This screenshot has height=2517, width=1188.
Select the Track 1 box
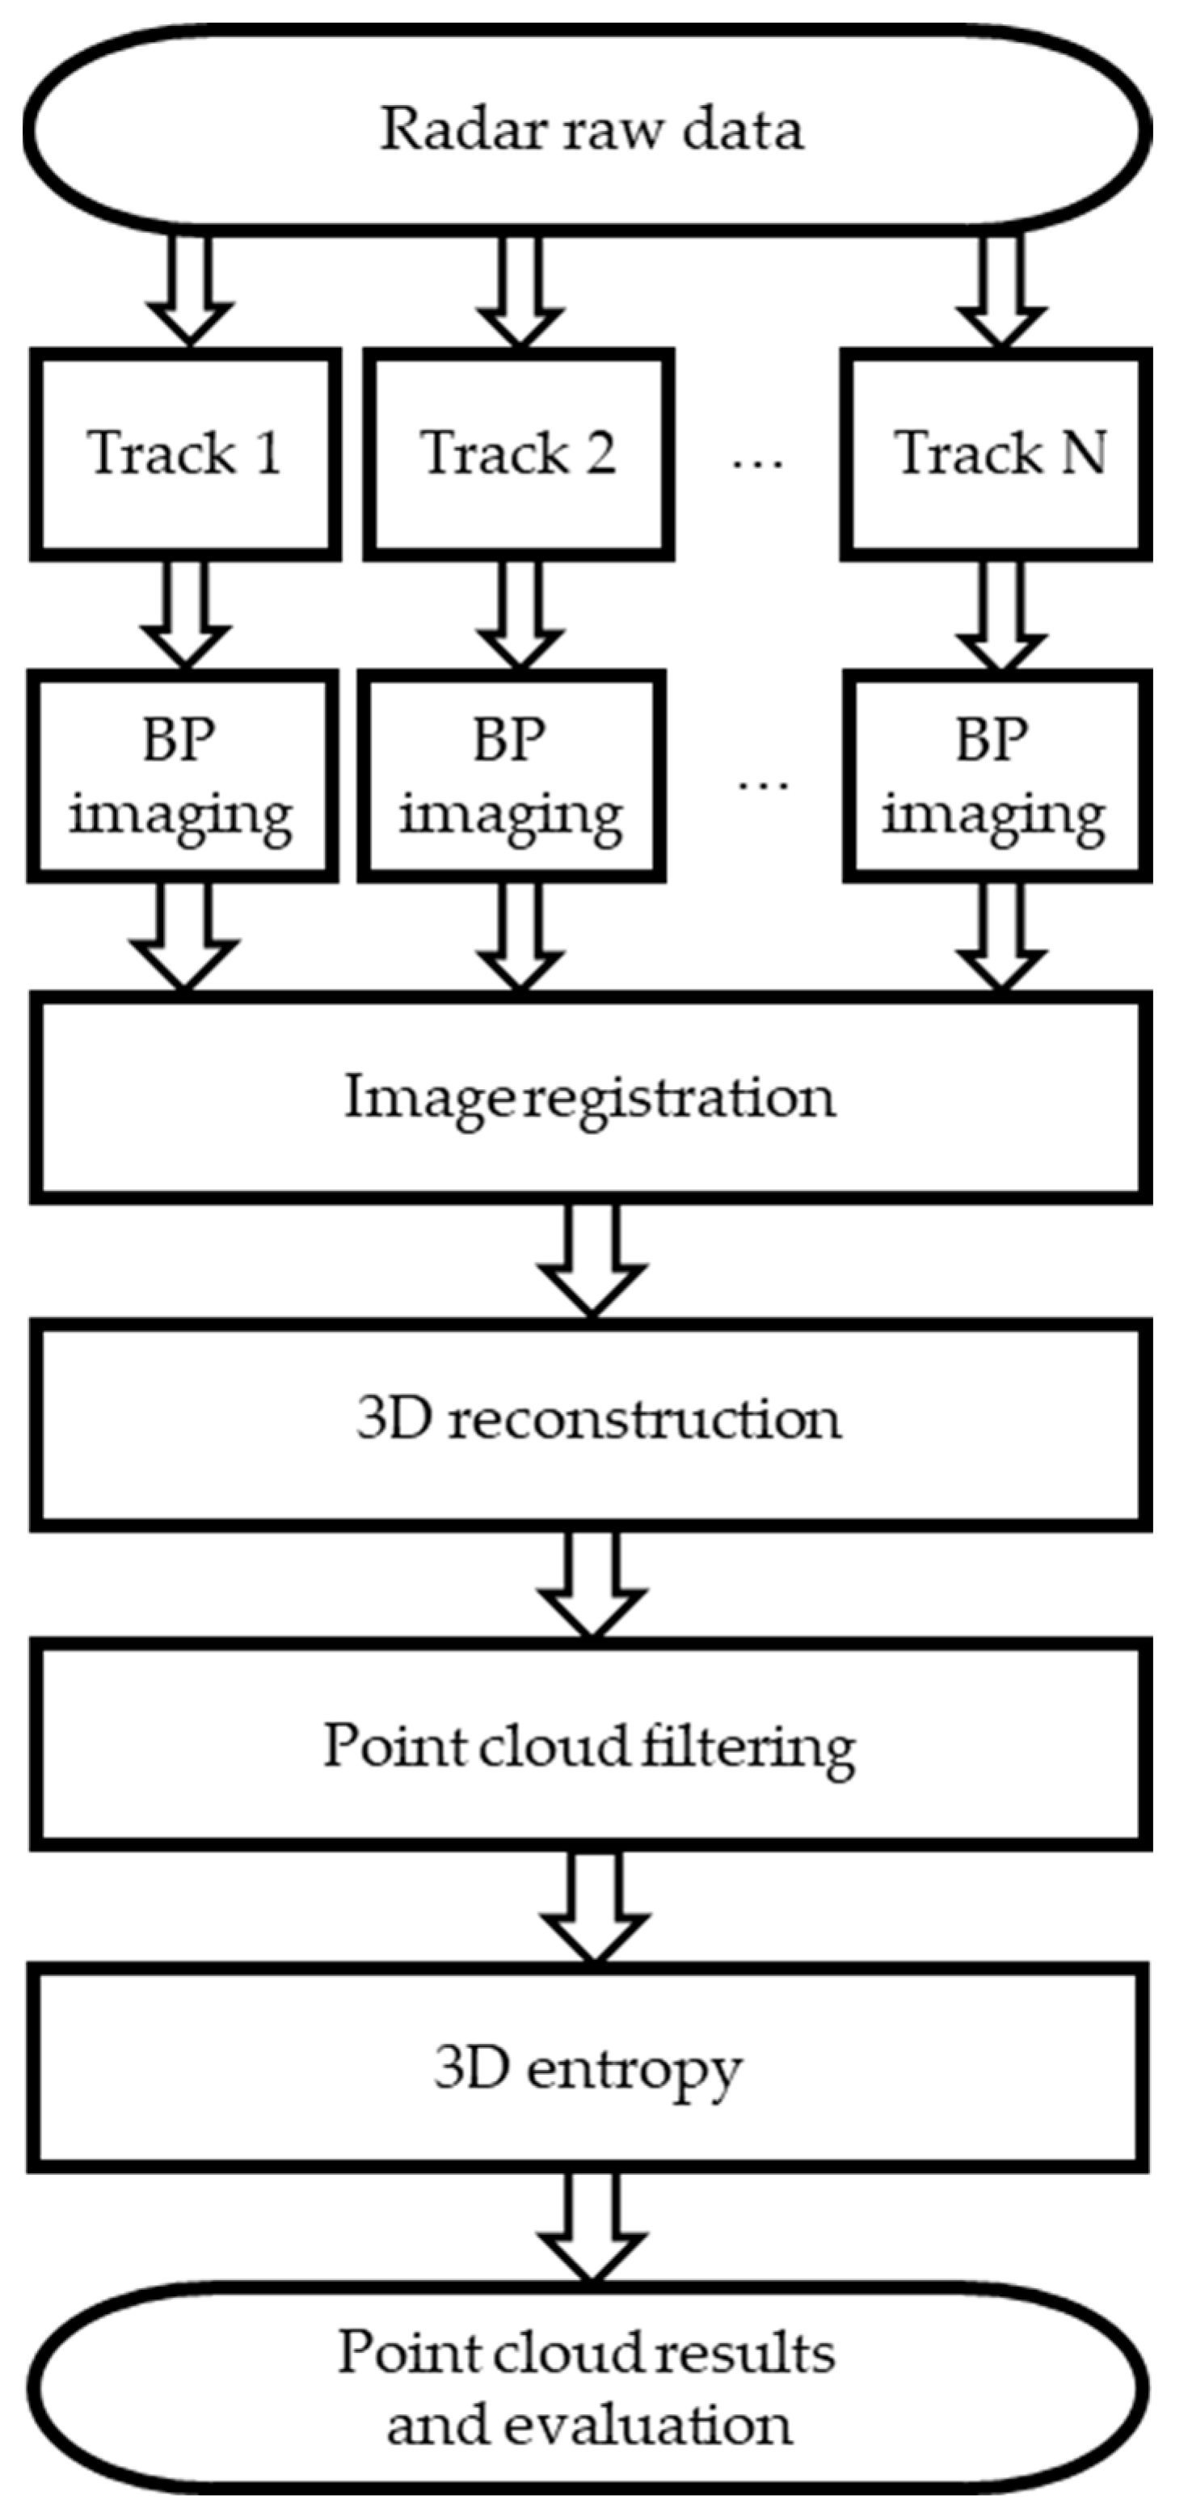coord(186,454)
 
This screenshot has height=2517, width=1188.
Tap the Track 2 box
coord(519,454)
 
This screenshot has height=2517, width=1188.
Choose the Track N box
coord(997,454)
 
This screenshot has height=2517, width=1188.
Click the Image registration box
coord(590,1097)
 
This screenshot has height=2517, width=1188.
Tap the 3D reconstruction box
coord(590,1420)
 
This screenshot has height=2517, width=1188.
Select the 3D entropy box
coord(588,2068)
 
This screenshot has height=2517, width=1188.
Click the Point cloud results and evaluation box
coord(588,2389)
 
